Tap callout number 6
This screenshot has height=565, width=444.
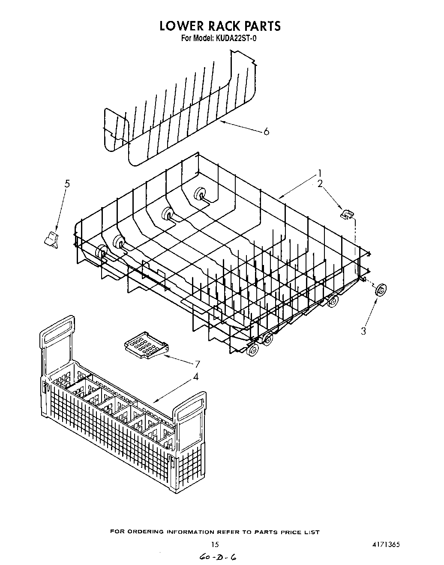[267, 132]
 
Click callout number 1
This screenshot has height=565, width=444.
[319, 174]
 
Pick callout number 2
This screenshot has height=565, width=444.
[320, 184]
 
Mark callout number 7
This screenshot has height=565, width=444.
[198, 364]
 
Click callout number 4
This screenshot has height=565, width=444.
[195, 377]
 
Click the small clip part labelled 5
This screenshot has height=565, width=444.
[51, 239]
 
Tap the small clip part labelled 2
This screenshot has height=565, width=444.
[347, 213]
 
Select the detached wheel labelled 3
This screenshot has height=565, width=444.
[380, 291]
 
